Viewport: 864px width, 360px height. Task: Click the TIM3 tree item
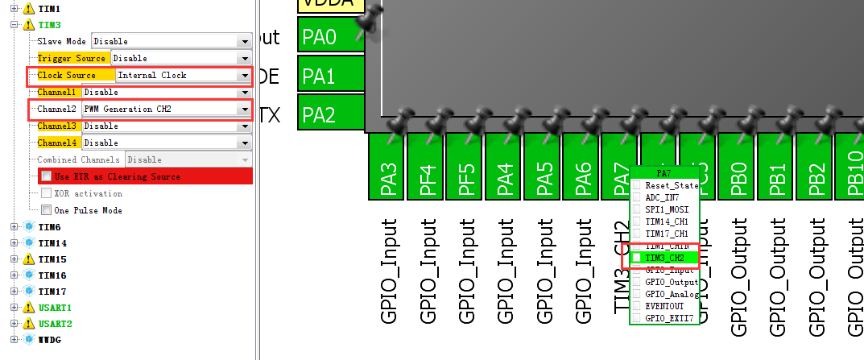49,25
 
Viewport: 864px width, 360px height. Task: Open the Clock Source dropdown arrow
244,76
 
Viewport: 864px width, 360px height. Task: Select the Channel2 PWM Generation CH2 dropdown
166,109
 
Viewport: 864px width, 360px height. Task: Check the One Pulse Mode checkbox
46,210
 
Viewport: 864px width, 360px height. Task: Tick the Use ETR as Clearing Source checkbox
46,176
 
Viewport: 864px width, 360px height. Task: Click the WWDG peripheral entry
49,339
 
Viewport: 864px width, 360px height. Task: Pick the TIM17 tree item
52,291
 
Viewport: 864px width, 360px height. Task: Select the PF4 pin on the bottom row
427,178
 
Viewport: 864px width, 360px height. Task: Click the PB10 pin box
851,178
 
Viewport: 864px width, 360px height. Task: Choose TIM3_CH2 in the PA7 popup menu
664,258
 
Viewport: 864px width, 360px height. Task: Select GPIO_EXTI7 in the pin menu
668,318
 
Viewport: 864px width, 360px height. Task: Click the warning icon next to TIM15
28,259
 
